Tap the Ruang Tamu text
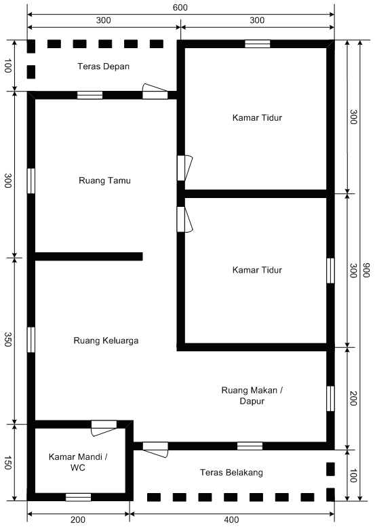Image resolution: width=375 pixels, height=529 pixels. point(104,181)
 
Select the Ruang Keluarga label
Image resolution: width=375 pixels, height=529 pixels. point(106,340)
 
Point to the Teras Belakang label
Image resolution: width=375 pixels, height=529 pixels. point(231,472)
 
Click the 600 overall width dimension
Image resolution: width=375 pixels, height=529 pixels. point(180,7)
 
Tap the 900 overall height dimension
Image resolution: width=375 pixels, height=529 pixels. point(367,270)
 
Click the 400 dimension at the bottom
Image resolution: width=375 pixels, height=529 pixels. point(231,520)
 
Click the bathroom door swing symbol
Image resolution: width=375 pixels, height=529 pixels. point(104,426)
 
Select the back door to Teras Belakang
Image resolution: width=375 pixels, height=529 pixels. point(155,446)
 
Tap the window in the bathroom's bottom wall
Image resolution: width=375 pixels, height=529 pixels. point(78,497)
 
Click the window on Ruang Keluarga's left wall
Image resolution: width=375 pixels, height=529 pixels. point(31,339)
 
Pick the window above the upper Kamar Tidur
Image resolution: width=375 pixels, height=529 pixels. point(258,44)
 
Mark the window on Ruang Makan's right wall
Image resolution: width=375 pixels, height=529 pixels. point(330,398)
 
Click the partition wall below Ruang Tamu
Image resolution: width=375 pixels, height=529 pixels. point(88,256)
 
